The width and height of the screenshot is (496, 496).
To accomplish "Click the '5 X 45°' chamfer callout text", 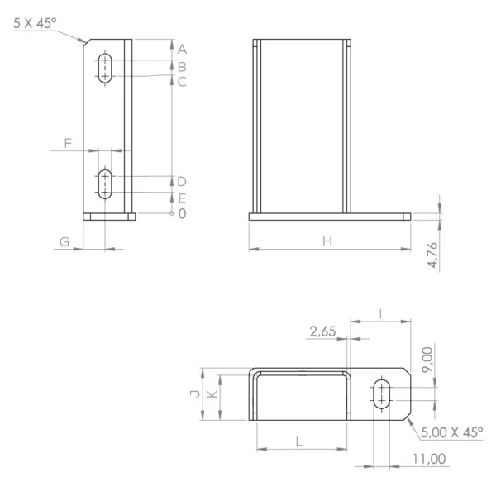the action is [x=35, y=23].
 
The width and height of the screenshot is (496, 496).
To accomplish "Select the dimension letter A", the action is [x=182, y=50].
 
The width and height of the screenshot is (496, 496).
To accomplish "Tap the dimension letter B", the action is [x=182, y=67].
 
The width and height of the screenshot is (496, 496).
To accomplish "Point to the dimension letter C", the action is [x=182, y=82].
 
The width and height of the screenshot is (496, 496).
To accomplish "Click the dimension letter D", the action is [x=182, y=182].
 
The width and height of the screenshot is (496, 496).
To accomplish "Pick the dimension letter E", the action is [x=182, y=198].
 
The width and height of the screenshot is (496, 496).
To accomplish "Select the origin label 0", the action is [x=182, y=214].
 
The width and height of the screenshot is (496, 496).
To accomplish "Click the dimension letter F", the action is [x=68, y=143].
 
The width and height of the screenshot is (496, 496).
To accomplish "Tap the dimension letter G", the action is [x=64, y=242].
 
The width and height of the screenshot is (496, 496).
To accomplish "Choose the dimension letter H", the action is [x=327, y=241].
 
